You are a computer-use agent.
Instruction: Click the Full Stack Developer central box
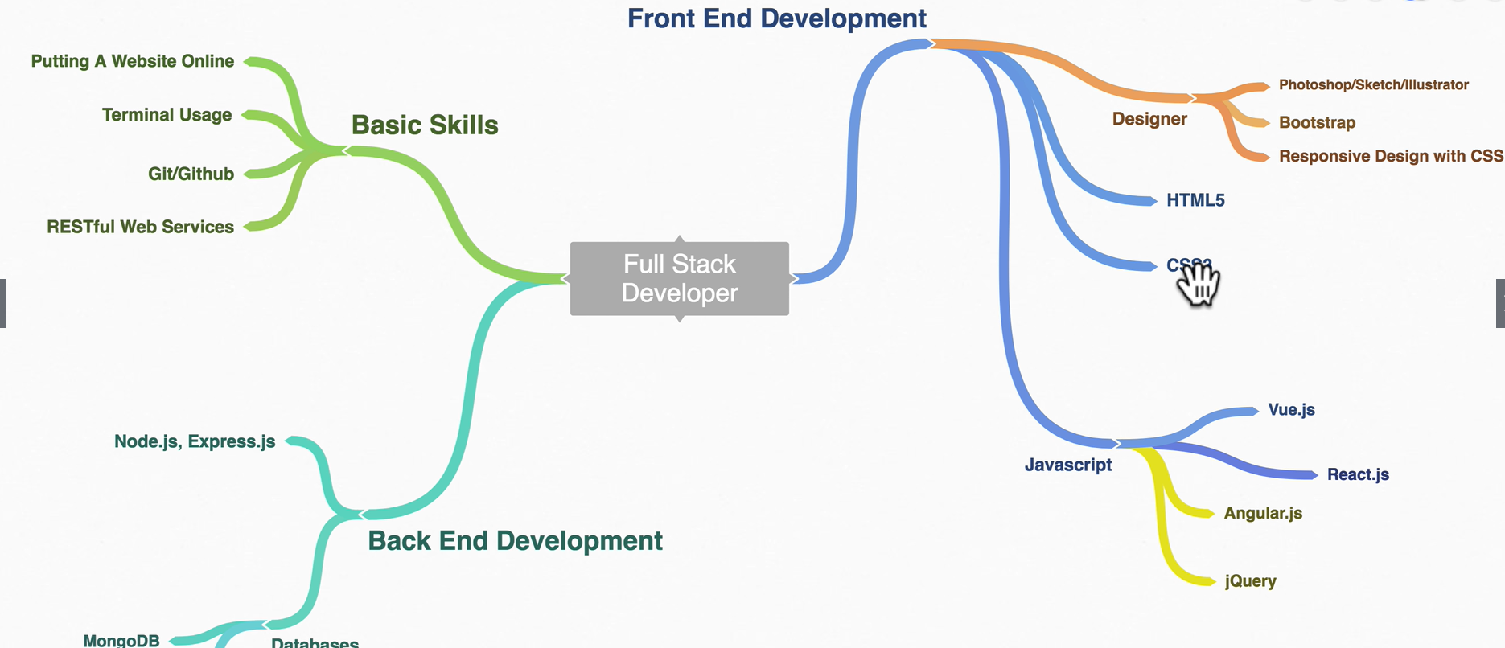(x=679, y=278)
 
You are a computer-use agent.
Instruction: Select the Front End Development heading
(x=776, y=18)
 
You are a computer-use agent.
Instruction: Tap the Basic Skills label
(x=425, y=125)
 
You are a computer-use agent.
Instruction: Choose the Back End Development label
(x=515, y=541)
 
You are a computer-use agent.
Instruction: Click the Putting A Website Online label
(x=133, y=62)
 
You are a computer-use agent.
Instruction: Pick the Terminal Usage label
(x=167, y=115)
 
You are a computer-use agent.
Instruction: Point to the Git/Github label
(x=191, y=174)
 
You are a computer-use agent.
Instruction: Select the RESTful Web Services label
(x=140, y=227)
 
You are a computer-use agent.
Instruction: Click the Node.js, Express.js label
(x=195, y=441)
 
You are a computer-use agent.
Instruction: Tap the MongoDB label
(x=121, y=640)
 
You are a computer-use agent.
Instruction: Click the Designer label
(x=1149, y=119)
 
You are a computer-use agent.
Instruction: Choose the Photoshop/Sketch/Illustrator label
(x=1373, y=85)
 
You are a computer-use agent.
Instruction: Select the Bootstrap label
(x=1317, y=123)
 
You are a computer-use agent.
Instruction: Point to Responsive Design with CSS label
(x=1391, y=156)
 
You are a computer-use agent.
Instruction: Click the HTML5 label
(x=1195, y=200)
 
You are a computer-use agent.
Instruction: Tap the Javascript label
(x=1068, y=465)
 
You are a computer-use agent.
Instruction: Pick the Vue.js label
(x=1291, y=410)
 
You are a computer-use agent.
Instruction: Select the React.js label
(x=1358, y=474)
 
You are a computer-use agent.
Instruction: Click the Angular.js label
(x=1263, y=513)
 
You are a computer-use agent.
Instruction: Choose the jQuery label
(x=1250, y=581)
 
